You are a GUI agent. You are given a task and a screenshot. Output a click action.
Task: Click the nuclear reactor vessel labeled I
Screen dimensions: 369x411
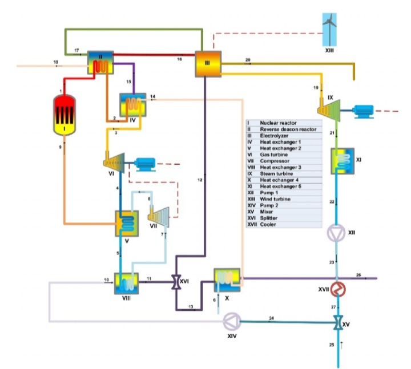pos(65,113)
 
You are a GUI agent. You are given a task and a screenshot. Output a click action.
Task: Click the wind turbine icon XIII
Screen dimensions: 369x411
pos(329,29)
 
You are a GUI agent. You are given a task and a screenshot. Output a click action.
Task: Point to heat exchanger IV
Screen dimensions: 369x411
pos(131,106)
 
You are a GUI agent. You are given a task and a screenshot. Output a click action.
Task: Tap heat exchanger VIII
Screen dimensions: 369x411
pos(126,282)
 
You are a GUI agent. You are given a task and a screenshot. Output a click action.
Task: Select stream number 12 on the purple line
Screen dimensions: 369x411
pos(200,180)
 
